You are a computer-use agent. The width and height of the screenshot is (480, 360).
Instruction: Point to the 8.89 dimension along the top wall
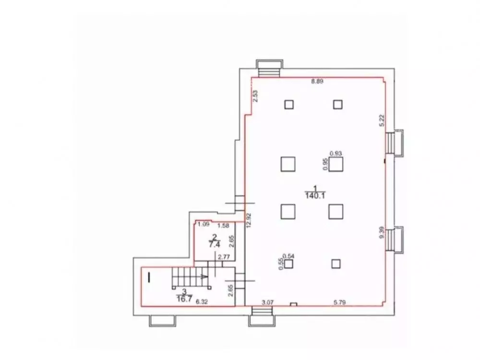317,82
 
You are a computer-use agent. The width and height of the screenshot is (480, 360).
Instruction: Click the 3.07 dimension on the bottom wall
266,302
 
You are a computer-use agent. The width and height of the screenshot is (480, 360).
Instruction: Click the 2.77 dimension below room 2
223,257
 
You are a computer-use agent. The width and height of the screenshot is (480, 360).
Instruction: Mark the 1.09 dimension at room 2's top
203,224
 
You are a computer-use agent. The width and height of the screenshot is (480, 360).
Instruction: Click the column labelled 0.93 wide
336,165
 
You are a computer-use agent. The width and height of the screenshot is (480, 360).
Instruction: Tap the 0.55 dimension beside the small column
281,265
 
